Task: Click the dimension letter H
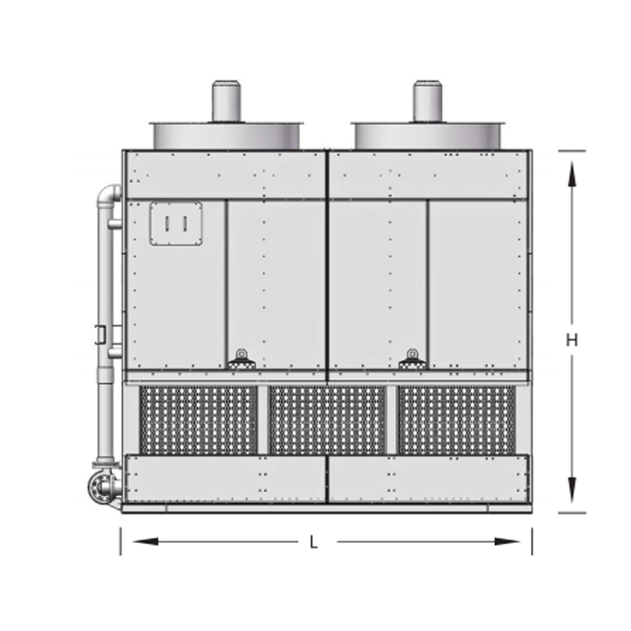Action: click(x=571, y=341)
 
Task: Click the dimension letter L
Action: click(x=314, y=543)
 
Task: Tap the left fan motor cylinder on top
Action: click(x=226, y=101)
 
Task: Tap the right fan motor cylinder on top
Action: click(x=428, y=101)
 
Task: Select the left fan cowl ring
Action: click(x=226, y=136)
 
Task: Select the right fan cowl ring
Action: click(x=428, y=136)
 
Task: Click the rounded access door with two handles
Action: click(x=176, y=224)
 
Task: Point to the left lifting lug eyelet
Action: click(x=241, y=354)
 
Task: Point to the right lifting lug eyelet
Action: click(x=412, y=354)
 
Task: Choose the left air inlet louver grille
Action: click(x=199, y=420)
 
